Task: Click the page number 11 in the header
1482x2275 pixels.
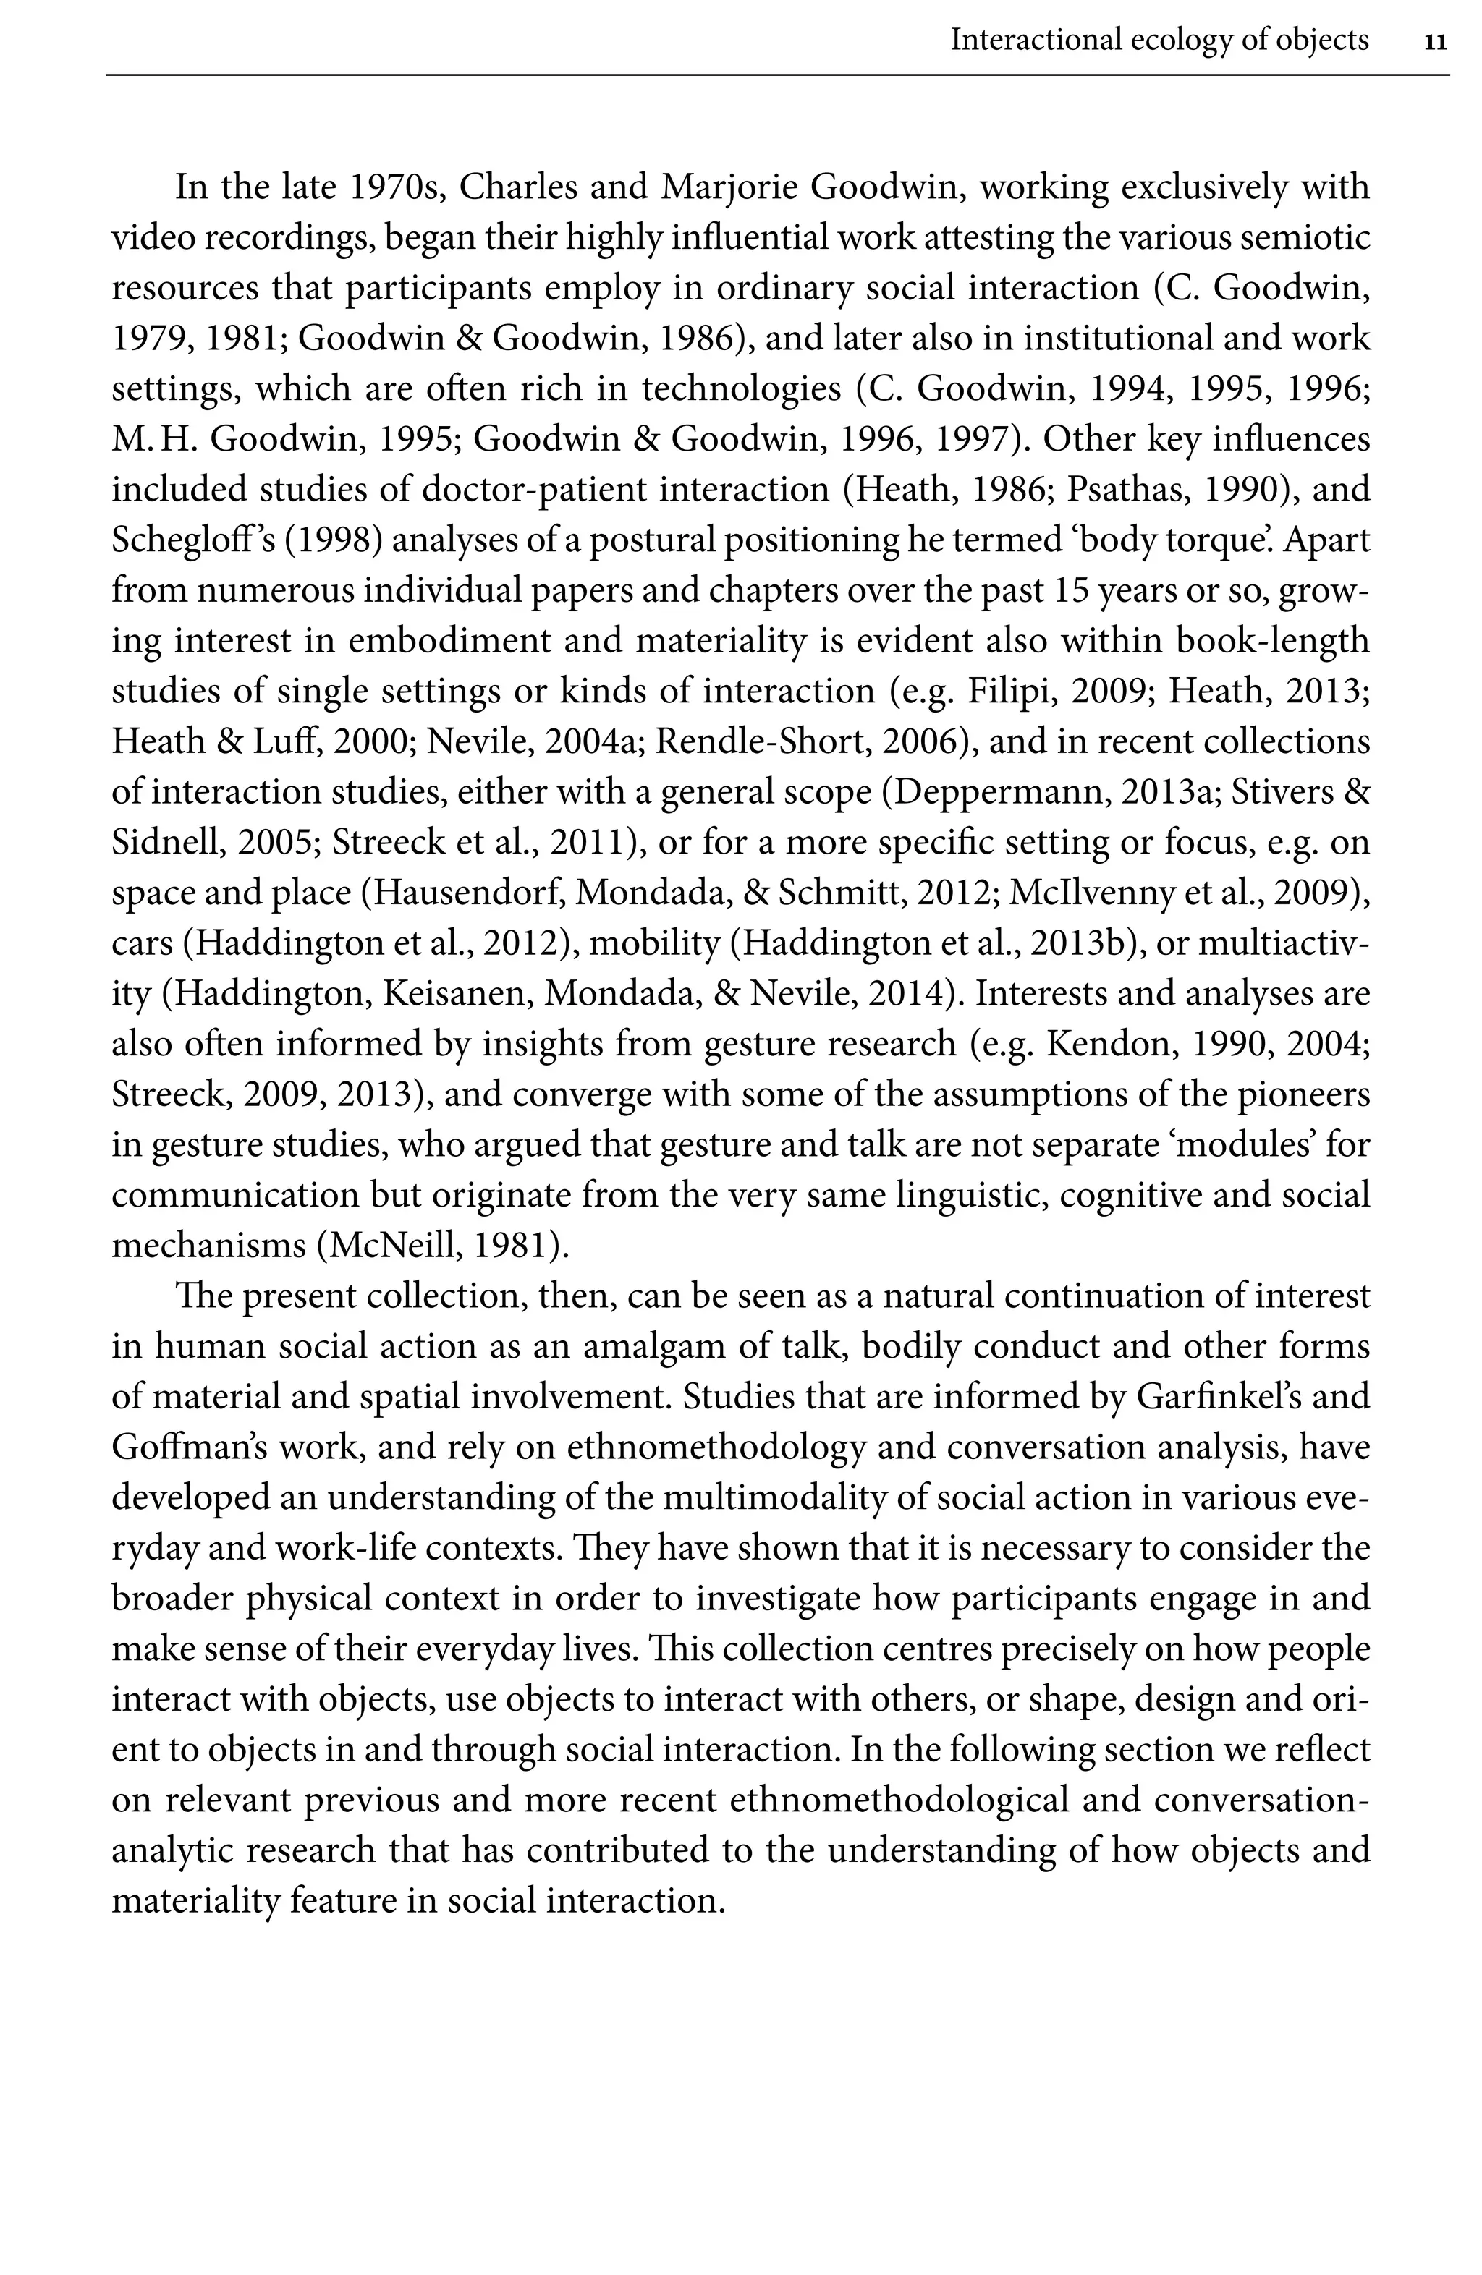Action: click(1435, 42)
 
